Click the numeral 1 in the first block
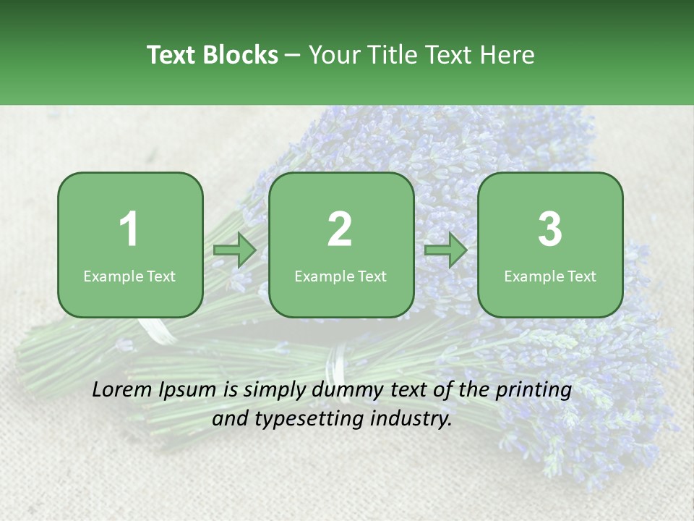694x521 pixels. [129, 229]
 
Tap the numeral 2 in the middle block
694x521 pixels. [340, 229]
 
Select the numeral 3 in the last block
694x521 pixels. [550, 229]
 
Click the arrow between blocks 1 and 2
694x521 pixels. [235, 250]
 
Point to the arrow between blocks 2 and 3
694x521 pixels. [446, 250]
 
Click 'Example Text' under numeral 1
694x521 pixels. [129, 276]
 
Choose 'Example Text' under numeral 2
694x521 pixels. [340, 276]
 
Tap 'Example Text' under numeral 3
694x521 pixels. [550, 276]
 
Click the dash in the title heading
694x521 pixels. [293, 56]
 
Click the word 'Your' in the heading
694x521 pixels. [333, 55]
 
